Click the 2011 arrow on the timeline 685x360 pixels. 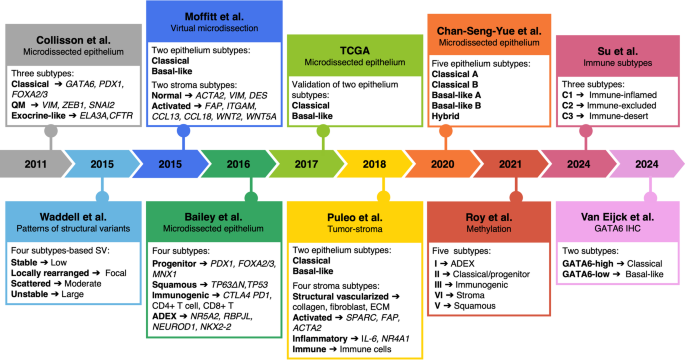point(35,164)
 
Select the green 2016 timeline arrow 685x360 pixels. point(238,164)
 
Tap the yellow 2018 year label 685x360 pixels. point(374,164)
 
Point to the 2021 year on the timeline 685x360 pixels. point(510,164)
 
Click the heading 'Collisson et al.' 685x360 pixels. point(73,40)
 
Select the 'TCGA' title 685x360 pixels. point(355,51)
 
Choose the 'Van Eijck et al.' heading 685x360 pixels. point(617,217)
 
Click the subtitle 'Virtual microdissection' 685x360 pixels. point(214,28)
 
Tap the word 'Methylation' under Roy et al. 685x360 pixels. point(488,228)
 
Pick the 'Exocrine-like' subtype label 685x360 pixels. point(38,116)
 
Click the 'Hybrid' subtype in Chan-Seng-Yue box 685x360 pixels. point(445,116)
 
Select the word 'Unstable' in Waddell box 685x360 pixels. point(29,294)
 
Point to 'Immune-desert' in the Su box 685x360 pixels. point(619,116)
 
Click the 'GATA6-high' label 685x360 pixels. point(588,263)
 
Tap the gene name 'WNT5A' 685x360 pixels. point(261,117)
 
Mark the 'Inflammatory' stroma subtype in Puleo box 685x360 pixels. point(320,339)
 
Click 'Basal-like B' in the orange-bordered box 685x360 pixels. point(456,106)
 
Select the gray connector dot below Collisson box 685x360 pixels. point(51,130)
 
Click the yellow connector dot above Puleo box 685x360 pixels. point(384,197)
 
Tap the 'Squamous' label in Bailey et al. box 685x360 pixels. point(174,285)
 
